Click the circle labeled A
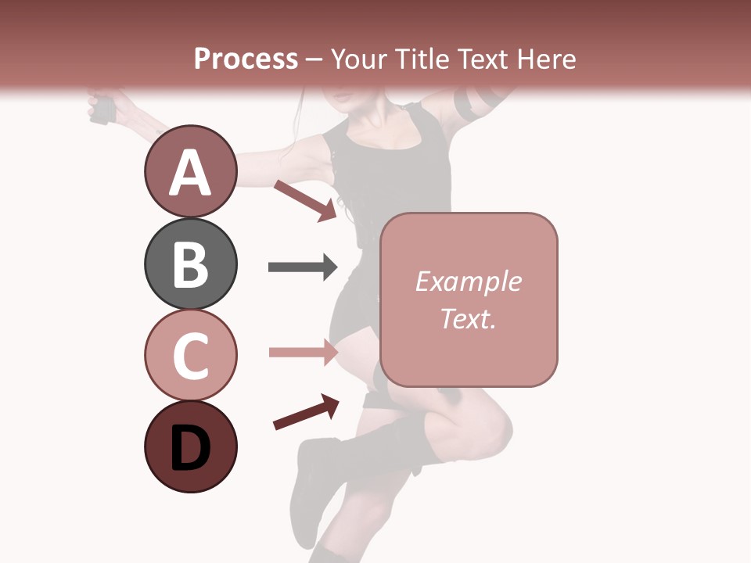click(x=190, y=171)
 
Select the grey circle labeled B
click(x=190, y=264)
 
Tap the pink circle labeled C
click(x=190, y=355)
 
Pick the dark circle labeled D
click(x=190, y=446)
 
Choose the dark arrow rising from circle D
click(x=306, y=412)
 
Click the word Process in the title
click(x=246, y=59)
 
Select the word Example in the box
click(x=468, y=281)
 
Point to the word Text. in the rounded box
click(x=468, y=318)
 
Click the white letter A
click(x=190, y=173)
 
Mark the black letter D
click(x=190, y=448)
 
